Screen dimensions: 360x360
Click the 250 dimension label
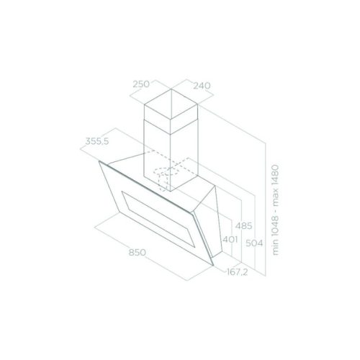point(141,84)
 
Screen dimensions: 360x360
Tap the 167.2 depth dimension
point(238,272)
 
